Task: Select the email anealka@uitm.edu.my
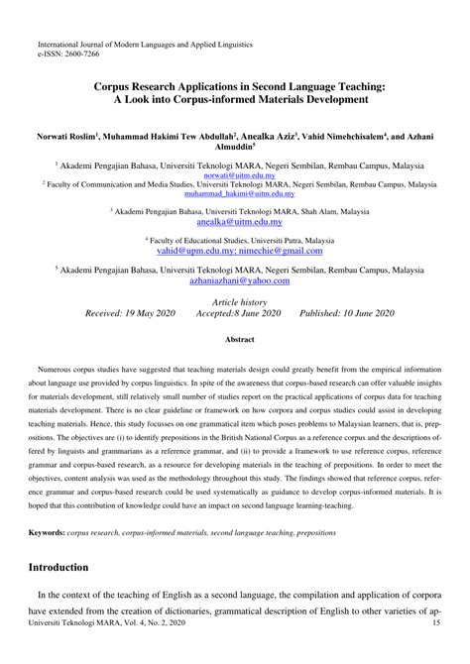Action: tap(234, 223)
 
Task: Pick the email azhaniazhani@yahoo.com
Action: tap(234, 280)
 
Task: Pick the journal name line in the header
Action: tap(145, 45)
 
